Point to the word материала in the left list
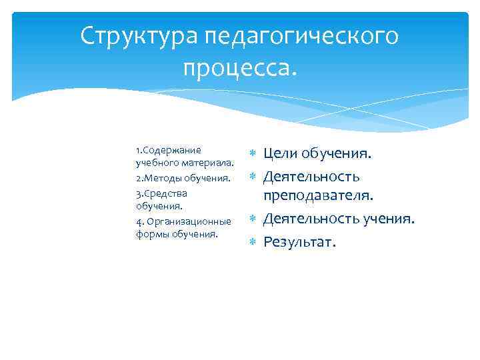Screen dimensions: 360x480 [x=206, y=163]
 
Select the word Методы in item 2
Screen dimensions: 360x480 [x=159, y=178]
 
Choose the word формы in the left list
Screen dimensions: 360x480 [x=151, y=234]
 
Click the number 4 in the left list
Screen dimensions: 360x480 [x=137, y=221]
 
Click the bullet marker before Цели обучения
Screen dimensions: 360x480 [x=252, y=155]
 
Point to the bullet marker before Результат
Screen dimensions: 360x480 [x=252, y=241]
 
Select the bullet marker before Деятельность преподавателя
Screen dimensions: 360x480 [x=252, y=177]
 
